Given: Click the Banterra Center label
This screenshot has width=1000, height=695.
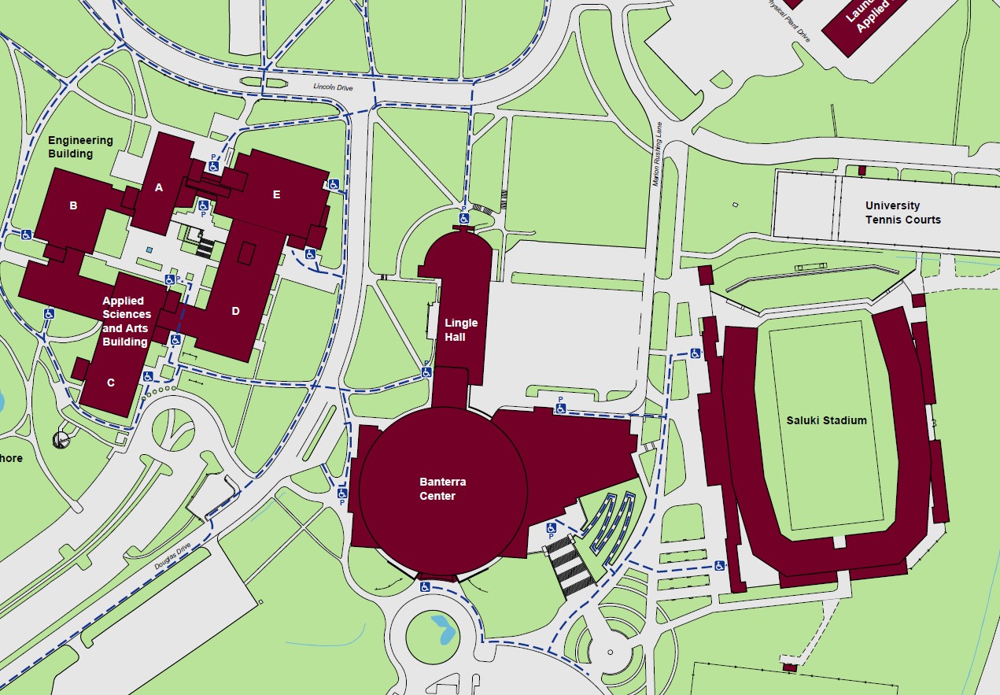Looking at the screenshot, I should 437,489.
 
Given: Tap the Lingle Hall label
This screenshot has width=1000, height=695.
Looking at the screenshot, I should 461,329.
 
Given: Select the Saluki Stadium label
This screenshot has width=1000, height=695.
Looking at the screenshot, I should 826,420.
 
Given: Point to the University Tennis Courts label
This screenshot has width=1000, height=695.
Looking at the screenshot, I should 902,213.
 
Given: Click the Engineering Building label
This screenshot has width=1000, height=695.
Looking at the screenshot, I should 80,147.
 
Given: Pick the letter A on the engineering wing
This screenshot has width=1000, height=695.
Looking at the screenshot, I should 159,187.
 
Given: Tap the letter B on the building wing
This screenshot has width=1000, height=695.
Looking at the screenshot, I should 73,206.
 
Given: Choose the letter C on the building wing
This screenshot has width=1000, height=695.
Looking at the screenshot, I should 111,383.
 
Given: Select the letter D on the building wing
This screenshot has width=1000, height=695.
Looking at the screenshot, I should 235,311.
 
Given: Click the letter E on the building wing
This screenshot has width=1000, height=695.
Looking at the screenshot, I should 276,195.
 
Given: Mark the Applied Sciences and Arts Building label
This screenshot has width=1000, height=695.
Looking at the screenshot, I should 126,321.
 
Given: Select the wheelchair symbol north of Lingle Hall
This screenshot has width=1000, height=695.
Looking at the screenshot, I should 464,218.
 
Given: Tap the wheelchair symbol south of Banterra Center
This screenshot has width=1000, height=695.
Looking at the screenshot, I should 425,586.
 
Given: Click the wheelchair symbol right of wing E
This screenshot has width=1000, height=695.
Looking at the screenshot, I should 334,184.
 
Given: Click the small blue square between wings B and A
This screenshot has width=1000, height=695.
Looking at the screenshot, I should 149,250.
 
